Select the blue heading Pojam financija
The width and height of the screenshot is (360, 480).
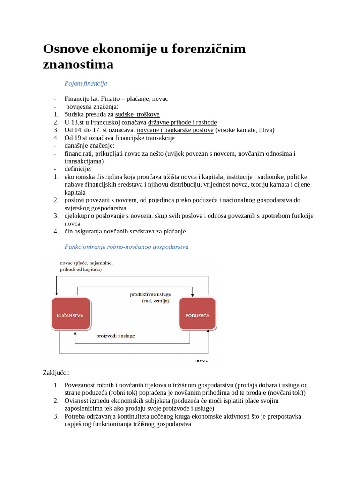tap(86, 83)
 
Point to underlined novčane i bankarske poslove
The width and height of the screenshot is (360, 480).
tap(175, 130)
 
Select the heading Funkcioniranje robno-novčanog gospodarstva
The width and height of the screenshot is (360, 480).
tap(127, 247)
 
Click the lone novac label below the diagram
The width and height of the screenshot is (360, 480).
tap(202, 360)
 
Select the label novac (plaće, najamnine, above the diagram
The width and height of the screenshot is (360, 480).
tap(86, 263)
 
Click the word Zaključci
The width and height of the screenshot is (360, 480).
tap(56, 373)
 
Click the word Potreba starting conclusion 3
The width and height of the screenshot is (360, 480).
tap(76, 416)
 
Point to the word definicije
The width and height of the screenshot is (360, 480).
tap(78, 169)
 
